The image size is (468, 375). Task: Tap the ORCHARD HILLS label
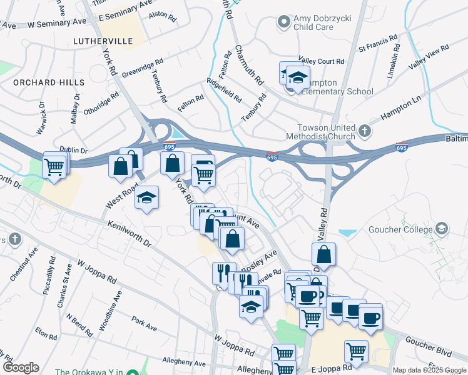[x=49, y=82]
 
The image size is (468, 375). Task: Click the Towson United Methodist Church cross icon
[x=365, y=131]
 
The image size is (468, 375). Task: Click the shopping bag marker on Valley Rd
[x=323, y=255]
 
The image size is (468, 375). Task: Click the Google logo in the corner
[x=21, y=367]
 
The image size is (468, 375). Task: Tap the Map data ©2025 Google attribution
[x=429, y=370]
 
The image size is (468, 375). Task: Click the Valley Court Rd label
[x=322, y=61]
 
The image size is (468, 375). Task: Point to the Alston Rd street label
[x=159, y=13]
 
